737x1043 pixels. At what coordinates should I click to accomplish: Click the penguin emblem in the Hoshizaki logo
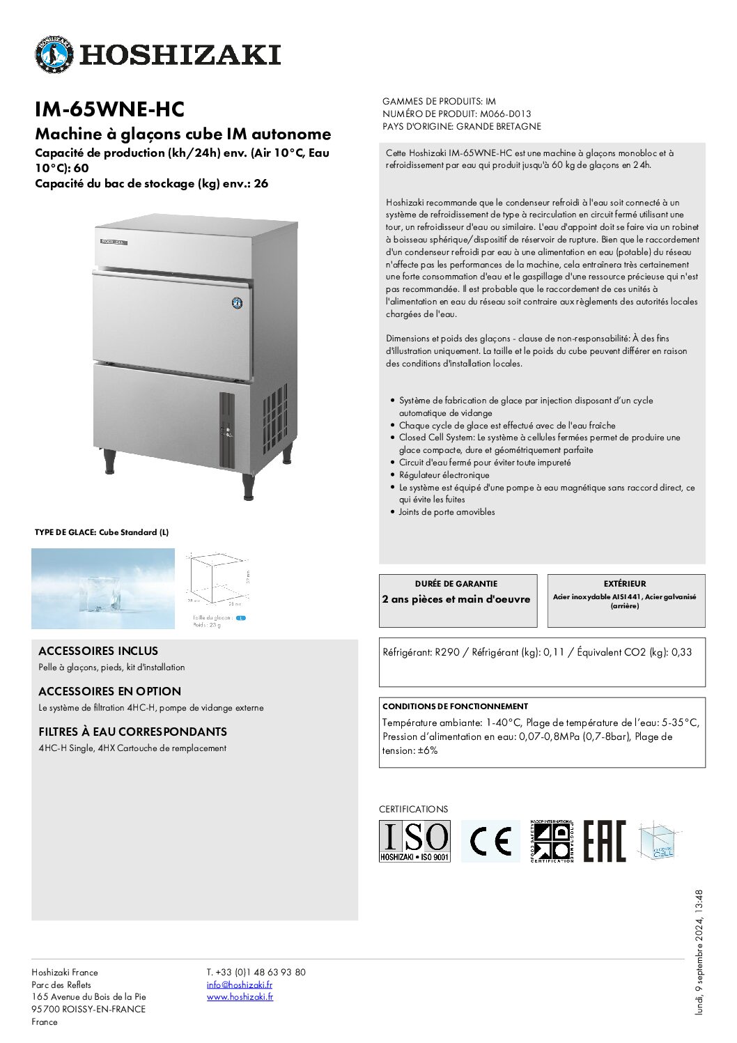54,54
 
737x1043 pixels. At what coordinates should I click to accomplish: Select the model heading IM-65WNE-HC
109,109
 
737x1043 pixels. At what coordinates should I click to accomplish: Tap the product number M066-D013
505,114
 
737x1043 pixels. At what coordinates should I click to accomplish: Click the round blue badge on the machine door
237,303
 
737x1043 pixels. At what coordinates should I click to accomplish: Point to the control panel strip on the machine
227,430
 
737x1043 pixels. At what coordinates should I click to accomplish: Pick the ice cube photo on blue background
103,588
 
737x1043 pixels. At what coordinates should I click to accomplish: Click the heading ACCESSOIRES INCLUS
98,651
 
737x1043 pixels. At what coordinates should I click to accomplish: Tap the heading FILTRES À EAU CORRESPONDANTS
132,732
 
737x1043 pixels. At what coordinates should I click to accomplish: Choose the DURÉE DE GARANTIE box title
456,584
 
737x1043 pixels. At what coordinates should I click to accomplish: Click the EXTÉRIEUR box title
625,584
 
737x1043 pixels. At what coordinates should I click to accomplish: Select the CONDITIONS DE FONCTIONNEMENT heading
455,706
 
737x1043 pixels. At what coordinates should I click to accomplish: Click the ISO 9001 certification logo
414,841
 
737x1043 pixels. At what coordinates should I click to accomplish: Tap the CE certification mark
490,841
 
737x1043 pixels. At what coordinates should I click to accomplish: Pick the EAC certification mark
604,841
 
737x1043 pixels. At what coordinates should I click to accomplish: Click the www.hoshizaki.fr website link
240,997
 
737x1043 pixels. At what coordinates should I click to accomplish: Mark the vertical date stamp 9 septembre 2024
699,952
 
